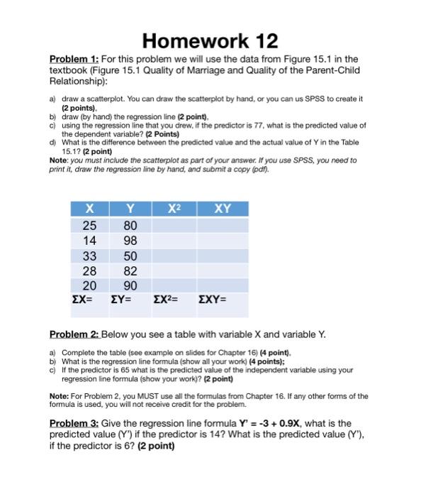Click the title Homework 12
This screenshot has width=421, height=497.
(x=211, y=40)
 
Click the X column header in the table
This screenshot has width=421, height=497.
(x=89, y=209)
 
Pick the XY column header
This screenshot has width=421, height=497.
(x=221, y=209)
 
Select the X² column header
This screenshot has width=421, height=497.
(x=172, y=209)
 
